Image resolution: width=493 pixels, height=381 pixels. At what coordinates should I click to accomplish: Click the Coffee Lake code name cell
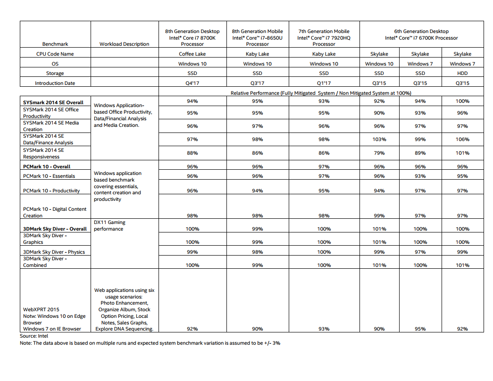click(x=192, y=54)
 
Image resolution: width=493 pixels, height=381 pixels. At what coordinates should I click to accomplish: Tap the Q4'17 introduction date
click(x=192, y=83)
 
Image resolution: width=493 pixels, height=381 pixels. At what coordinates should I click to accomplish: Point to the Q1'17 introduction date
click(x=324, y=83)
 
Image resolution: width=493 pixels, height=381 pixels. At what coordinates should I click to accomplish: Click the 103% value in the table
click(x=379, y=140)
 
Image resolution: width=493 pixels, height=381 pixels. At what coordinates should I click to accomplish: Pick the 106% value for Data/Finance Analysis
click(x=462, y=140)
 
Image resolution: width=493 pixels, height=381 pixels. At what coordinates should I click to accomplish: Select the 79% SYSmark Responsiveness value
click(x=379, y=153)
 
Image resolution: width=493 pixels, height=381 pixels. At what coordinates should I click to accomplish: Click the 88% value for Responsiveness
click(x=192, y=153)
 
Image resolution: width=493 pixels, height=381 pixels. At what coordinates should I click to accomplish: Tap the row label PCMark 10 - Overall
click(x=47, y=166)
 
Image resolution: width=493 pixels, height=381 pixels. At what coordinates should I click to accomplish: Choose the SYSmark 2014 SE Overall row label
click(x=53, y=102)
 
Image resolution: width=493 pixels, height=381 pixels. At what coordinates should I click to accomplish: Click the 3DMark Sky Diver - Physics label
click(x=54, y=252)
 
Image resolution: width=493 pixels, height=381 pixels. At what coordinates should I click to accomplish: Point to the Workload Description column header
click(x=124, y=44)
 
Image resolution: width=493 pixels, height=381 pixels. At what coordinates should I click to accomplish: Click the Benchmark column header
click(x=55, y=44)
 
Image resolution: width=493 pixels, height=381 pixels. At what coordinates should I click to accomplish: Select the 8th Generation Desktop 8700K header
click(x=192, y=38)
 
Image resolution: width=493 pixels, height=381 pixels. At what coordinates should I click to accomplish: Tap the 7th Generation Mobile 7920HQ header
click(x=324, y=38)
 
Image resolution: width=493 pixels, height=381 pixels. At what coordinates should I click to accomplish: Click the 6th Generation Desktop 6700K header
click(x=421, y=35)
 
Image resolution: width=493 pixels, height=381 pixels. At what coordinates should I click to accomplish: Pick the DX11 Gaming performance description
click(x=109, y=225)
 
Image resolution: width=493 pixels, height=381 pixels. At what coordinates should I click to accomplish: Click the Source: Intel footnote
click(x=34, y=336)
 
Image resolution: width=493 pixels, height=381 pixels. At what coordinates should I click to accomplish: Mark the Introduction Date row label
click(x=55, y=83)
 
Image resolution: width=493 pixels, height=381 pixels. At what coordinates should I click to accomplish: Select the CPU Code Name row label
click(x=55, y=54)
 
